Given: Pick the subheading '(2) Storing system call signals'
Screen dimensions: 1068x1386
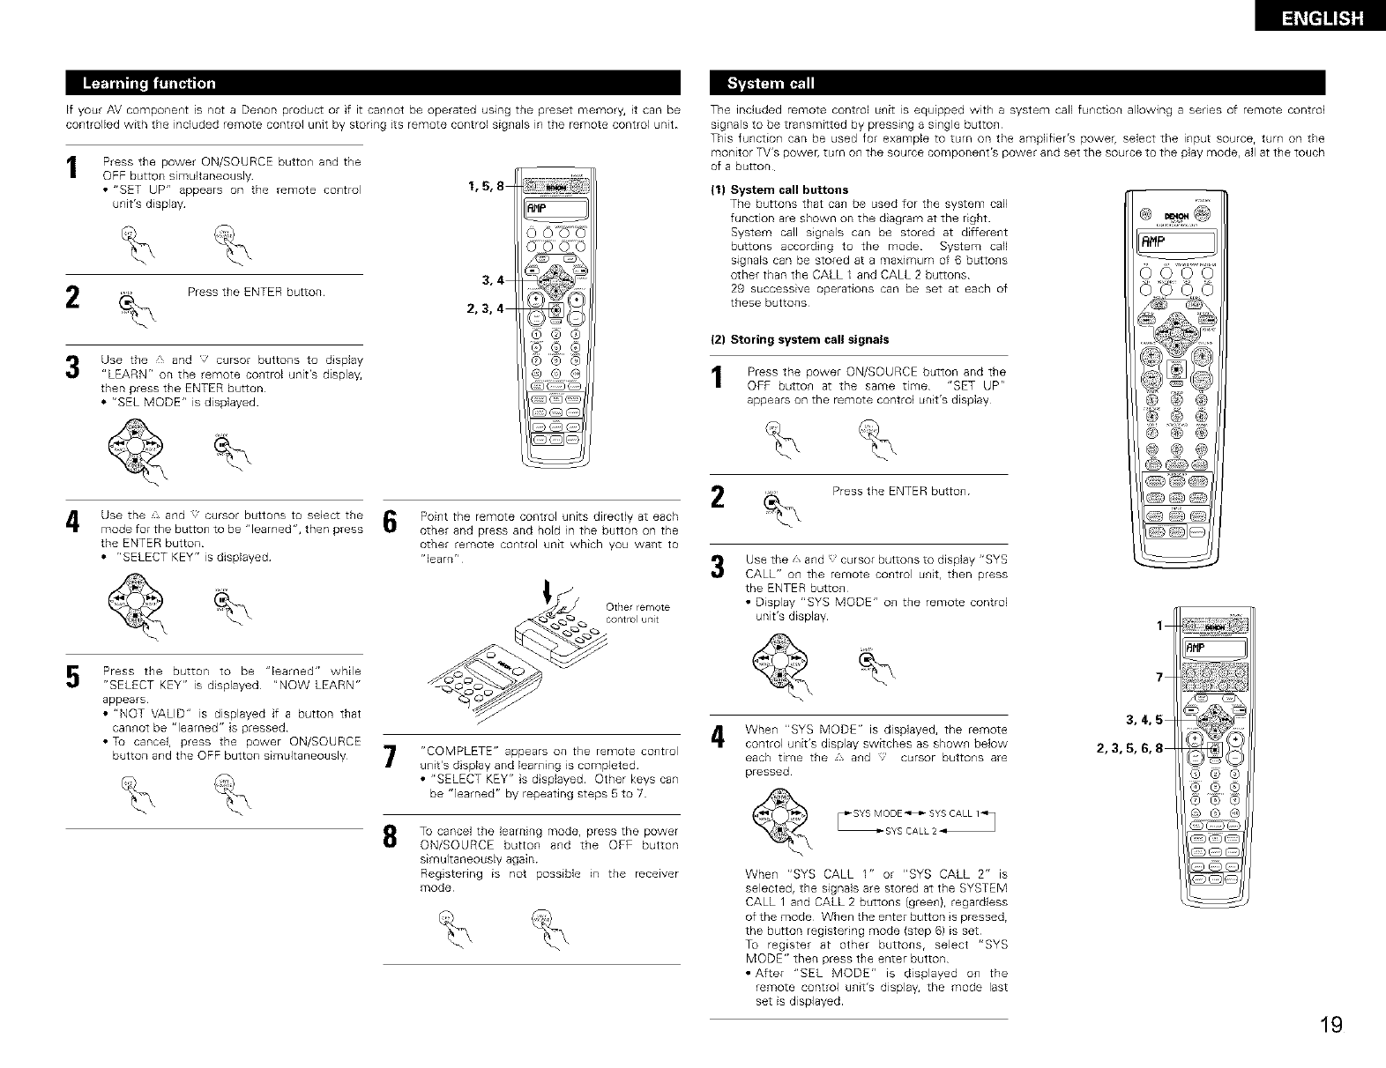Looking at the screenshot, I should [800, 339].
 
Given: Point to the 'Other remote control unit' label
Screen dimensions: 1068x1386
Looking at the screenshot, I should [638, 612].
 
